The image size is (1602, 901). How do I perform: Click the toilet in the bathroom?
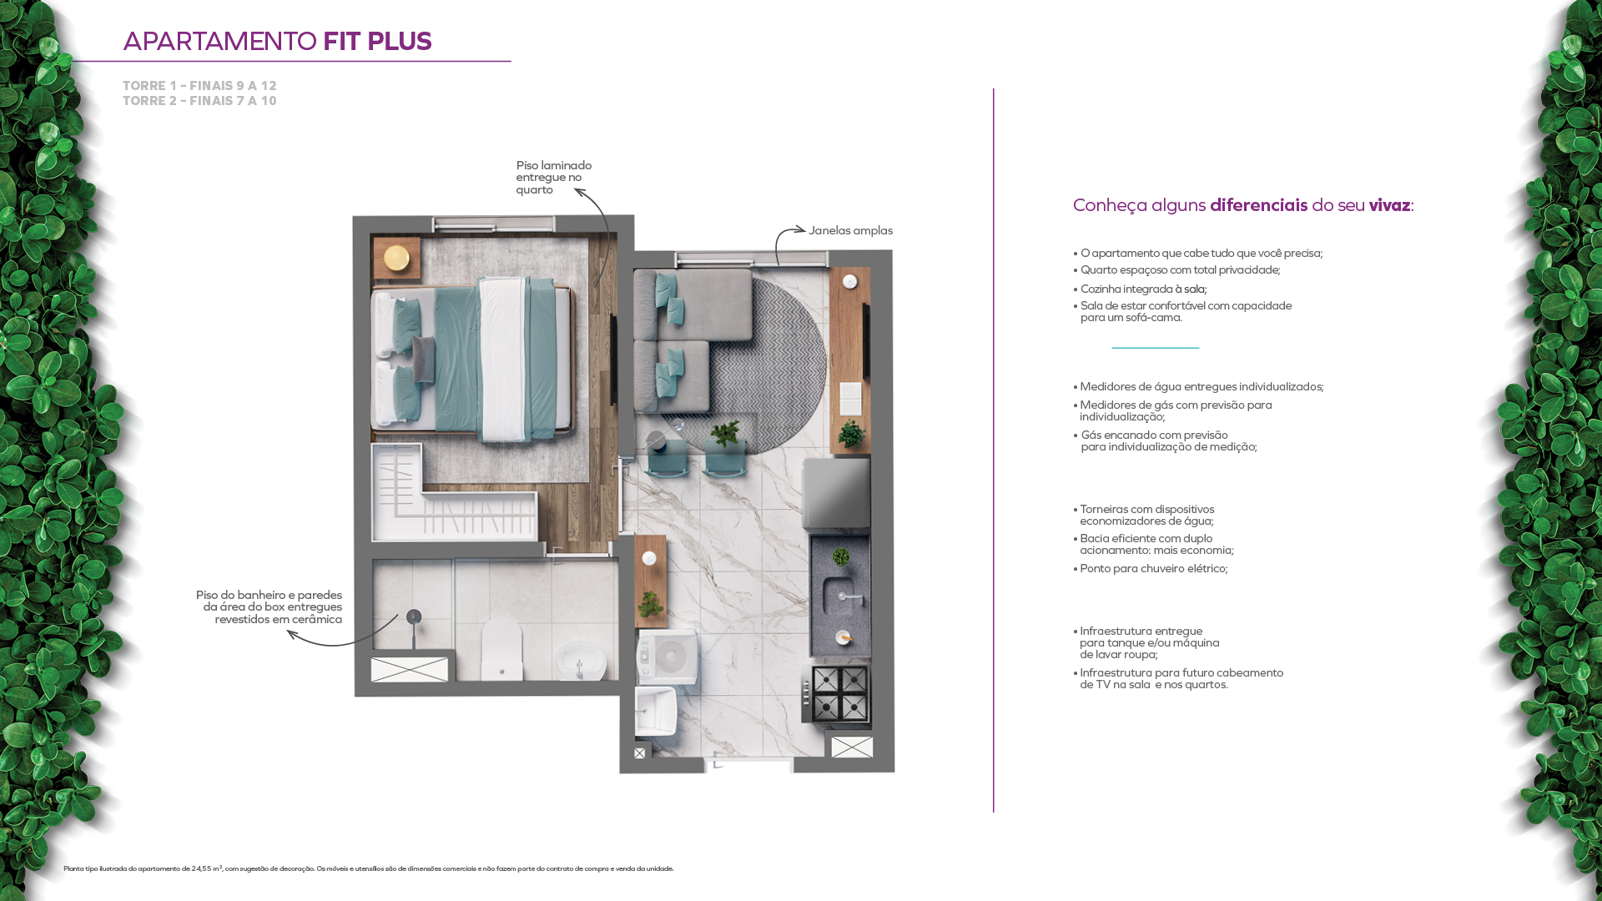coord(501,648)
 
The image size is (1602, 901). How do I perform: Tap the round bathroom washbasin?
coord(580,661)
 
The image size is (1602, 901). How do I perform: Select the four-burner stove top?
coord(839,694)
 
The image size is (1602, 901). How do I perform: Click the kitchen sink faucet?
coord(849,596)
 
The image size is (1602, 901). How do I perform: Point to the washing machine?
coord(667,657)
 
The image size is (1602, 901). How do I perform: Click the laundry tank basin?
coord(656,712)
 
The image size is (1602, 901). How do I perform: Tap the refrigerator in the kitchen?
coord(837,495)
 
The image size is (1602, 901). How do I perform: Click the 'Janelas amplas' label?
coord(850,231)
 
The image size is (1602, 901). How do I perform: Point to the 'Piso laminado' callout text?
coord(554,178)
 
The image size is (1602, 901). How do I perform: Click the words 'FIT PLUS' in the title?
coord(377,41)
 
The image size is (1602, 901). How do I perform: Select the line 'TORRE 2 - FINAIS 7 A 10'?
coord(199,101)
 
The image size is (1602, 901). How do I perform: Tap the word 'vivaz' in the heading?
coord(1389,205)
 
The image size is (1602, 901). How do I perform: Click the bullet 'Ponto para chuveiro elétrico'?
coord(1151,569)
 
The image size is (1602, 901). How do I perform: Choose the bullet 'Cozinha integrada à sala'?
coord(1140,289)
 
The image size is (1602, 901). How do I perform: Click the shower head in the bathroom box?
coord(414,617)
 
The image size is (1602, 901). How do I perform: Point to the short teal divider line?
coord(1155,347)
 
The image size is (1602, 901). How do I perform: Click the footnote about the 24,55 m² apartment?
coord(368,869)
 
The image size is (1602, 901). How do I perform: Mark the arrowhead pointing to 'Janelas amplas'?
coord(801,229)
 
